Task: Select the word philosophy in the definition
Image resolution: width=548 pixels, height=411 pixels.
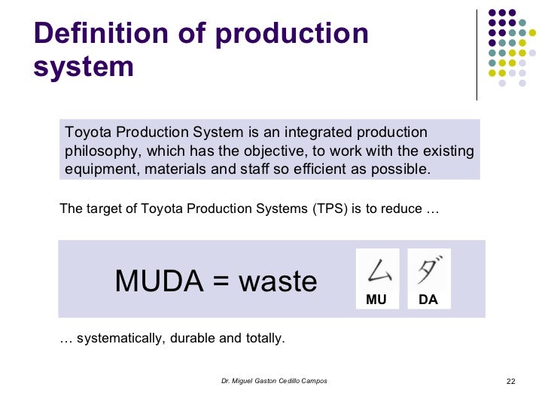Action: click(x=100, y=151)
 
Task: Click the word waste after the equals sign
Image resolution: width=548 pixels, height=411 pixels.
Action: click(x=278, y=282)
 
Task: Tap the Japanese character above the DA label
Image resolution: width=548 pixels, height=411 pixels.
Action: click(x=428, y=269)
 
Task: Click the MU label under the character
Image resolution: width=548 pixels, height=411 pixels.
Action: click(x=376, y=300)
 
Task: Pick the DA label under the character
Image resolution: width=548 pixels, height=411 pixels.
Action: click(x=428, y=300)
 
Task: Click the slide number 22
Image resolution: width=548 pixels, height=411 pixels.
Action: click(x=510, y=382)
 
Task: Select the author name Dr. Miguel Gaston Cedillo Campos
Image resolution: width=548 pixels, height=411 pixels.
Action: click(x=274, y=382)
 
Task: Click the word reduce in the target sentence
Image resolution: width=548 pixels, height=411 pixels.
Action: click(x=401, y=209)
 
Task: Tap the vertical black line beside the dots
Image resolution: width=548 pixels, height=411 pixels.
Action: click(x=476, y=54)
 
